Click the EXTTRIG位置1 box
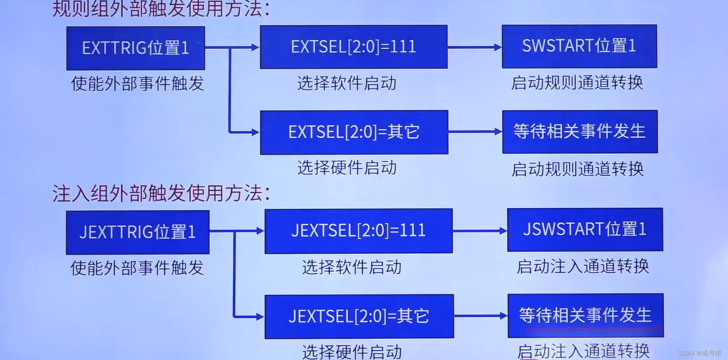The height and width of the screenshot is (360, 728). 135,48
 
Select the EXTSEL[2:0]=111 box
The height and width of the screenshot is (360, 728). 354,46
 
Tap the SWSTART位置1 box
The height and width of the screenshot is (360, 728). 579,46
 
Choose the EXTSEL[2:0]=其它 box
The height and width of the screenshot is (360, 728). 354,132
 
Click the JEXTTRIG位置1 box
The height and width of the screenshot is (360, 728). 138,232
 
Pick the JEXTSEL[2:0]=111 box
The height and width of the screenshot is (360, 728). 358,231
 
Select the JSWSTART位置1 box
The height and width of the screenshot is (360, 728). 585,229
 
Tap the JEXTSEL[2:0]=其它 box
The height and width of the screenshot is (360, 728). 359,316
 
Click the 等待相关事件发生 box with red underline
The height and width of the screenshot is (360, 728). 585,315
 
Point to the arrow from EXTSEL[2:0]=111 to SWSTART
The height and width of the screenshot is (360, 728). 474,47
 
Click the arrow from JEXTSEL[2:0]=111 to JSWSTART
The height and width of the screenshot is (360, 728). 480,231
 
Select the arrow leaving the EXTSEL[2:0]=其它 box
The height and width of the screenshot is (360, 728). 475,132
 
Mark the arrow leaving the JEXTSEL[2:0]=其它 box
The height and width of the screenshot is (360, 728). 481,316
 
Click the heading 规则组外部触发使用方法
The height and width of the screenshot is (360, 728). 162,9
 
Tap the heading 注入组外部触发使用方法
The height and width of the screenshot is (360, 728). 162,194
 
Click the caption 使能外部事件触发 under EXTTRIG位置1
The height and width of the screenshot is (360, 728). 138,83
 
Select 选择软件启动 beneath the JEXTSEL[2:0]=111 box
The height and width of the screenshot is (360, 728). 352,267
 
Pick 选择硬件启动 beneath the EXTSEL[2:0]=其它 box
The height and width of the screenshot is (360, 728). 347,168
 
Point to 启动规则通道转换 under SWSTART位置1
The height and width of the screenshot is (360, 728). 577,82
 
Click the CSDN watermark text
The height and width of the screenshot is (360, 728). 699,353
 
